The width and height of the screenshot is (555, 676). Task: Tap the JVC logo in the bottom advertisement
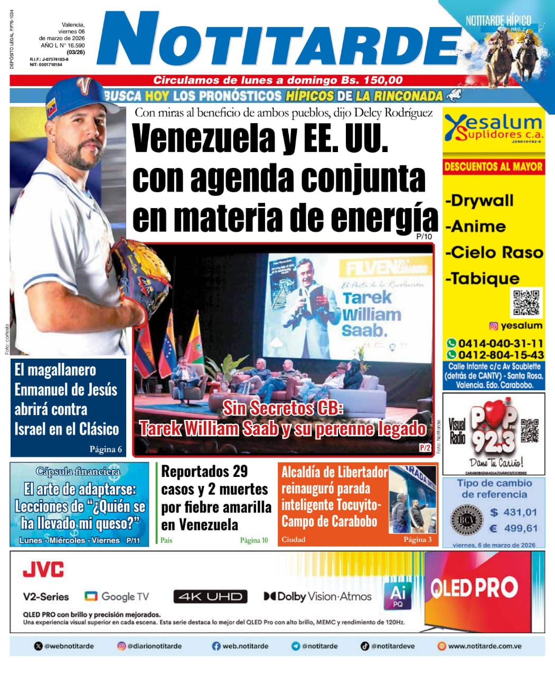[x=43, y=570]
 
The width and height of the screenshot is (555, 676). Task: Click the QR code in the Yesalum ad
[x=526, y=302]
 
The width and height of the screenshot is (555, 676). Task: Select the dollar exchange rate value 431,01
[x=513, y=512]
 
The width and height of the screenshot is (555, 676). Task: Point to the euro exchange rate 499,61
[x=513, y=528]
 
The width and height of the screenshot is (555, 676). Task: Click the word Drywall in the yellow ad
[x=479, y=201]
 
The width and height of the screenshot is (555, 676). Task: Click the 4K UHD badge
[x=210, y=597]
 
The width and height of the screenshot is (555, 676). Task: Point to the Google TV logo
[x=117, y=597]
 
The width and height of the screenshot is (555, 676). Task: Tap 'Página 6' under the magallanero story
[x=106, y=449]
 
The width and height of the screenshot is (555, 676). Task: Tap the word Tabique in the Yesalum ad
[x=483, y=278]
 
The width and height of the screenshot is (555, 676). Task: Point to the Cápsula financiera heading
[x=78, y=471]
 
